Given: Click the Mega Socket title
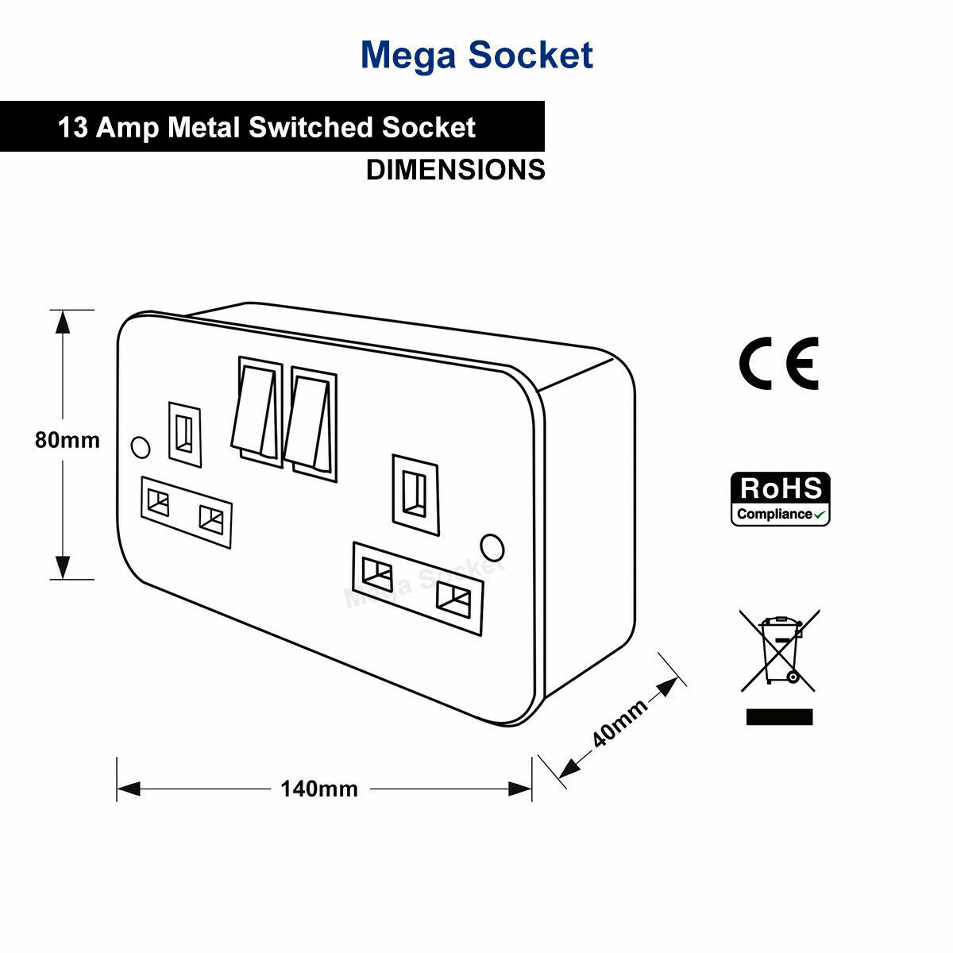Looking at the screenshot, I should point(476,56).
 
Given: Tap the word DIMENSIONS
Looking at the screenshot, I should point(455,170).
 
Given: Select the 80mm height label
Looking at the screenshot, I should point(68,440).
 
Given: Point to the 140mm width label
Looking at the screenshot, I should point(319,789).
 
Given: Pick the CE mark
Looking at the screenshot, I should point(778,363).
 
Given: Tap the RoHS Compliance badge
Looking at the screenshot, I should point(780,499).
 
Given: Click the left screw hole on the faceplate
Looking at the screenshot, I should point(139,447).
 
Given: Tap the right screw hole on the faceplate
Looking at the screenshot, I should point(492,547).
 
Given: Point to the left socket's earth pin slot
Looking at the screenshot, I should point(185,433).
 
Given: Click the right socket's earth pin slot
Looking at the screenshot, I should point(415,493).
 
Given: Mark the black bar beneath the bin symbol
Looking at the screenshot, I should point(779,716).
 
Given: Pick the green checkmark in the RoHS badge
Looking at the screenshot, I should point(820,515).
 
